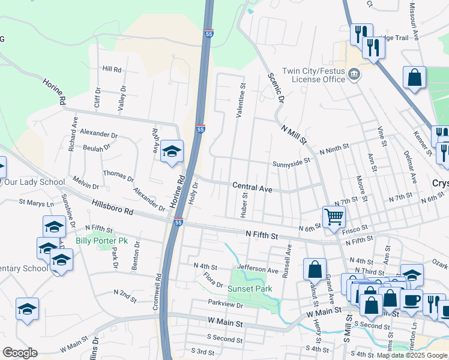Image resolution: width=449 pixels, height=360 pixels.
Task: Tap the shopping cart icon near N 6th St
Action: (333, 216)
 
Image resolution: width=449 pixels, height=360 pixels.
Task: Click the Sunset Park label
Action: (250, 289)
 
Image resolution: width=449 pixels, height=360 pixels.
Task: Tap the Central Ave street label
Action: (252, 188)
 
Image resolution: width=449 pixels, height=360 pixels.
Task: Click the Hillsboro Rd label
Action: (112, 207)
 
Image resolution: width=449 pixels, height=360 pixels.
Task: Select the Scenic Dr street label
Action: (275, 88)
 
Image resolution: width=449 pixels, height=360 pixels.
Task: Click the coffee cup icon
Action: (411, 301)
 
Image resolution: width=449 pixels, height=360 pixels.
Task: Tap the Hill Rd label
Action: (112, 69)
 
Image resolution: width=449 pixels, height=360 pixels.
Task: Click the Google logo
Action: (20, 353)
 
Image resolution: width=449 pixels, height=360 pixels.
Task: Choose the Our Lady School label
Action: (34, 182)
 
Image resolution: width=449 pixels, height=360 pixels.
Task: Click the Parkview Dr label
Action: (225, 305)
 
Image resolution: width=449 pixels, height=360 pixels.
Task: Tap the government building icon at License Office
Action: (354, 74)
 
